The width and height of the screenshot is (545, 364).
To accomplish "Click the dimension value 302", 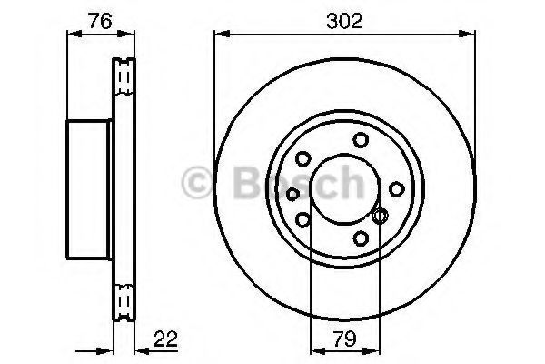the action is pyautogui.click(x=344, y=21).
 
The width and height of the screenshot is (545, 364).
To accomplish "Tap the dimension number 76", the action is pyautogui.click(x=100, y=21).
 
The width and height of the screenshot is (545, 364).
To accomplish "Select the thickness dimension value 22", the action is pyautogui.click(x=166, y=339).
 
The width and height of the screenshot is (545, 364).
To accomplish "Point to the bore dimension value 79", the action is pyautogui.click(x=345, y=339).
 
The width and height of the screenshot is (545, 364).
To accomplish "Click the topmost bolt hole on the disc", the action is pyautogui.click(x=361, y=140).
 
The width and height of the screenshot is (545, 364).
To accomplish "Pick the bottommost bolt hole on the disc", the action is pyautogui.click(x=361, y=238).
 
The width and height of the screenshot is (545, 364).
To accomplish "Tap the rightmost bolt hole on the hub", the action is pyautogui.click(x=397, y=189).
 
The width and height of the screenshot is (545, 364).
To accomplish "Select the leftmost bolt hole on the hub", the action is pyautogui.click(x=292, y=194).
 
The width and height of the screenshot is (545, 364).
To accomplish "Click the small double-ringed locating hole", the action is pyautogui.click(x=380, y=216).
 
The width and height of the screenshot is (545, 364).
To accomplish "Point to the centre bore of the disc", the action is pyautogui.click(x=344, y=188).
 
